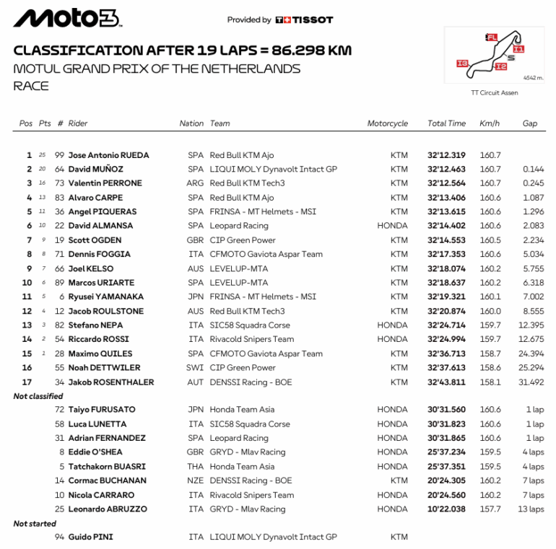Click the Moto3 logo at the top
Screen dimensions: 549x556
coord(66,19)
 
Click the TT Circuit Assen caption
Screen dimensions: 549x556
coord(494,92)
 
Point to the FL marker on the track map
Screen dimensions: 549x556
coord(492,37)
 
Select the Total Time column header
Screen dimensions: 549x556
coord(446,123)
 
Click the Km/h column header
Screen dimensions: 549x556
coord(490,123)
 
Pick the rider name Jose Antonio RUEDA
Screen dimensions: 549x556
coord(108,155)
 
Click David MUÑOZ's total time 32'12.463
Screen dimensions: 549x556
coord(446,170)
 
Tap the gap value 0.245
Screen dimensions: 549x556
coord(534,183)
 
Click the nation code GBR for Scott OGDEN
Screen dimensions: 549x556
coord(196,240)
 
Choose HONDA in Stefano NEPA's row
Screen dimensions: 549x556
coord(392,325)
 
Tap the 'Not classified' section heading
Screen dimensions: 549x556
coord(38,396)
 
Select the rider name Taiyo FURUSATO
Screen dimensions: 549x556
coord(102,410)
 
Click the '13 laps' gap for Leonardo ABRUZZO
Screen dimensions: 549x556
coord(531,509)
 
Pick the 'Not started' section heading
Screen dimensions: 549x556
coord(35,524)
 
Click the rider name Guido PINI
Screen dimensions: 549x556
coord(90,537)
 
